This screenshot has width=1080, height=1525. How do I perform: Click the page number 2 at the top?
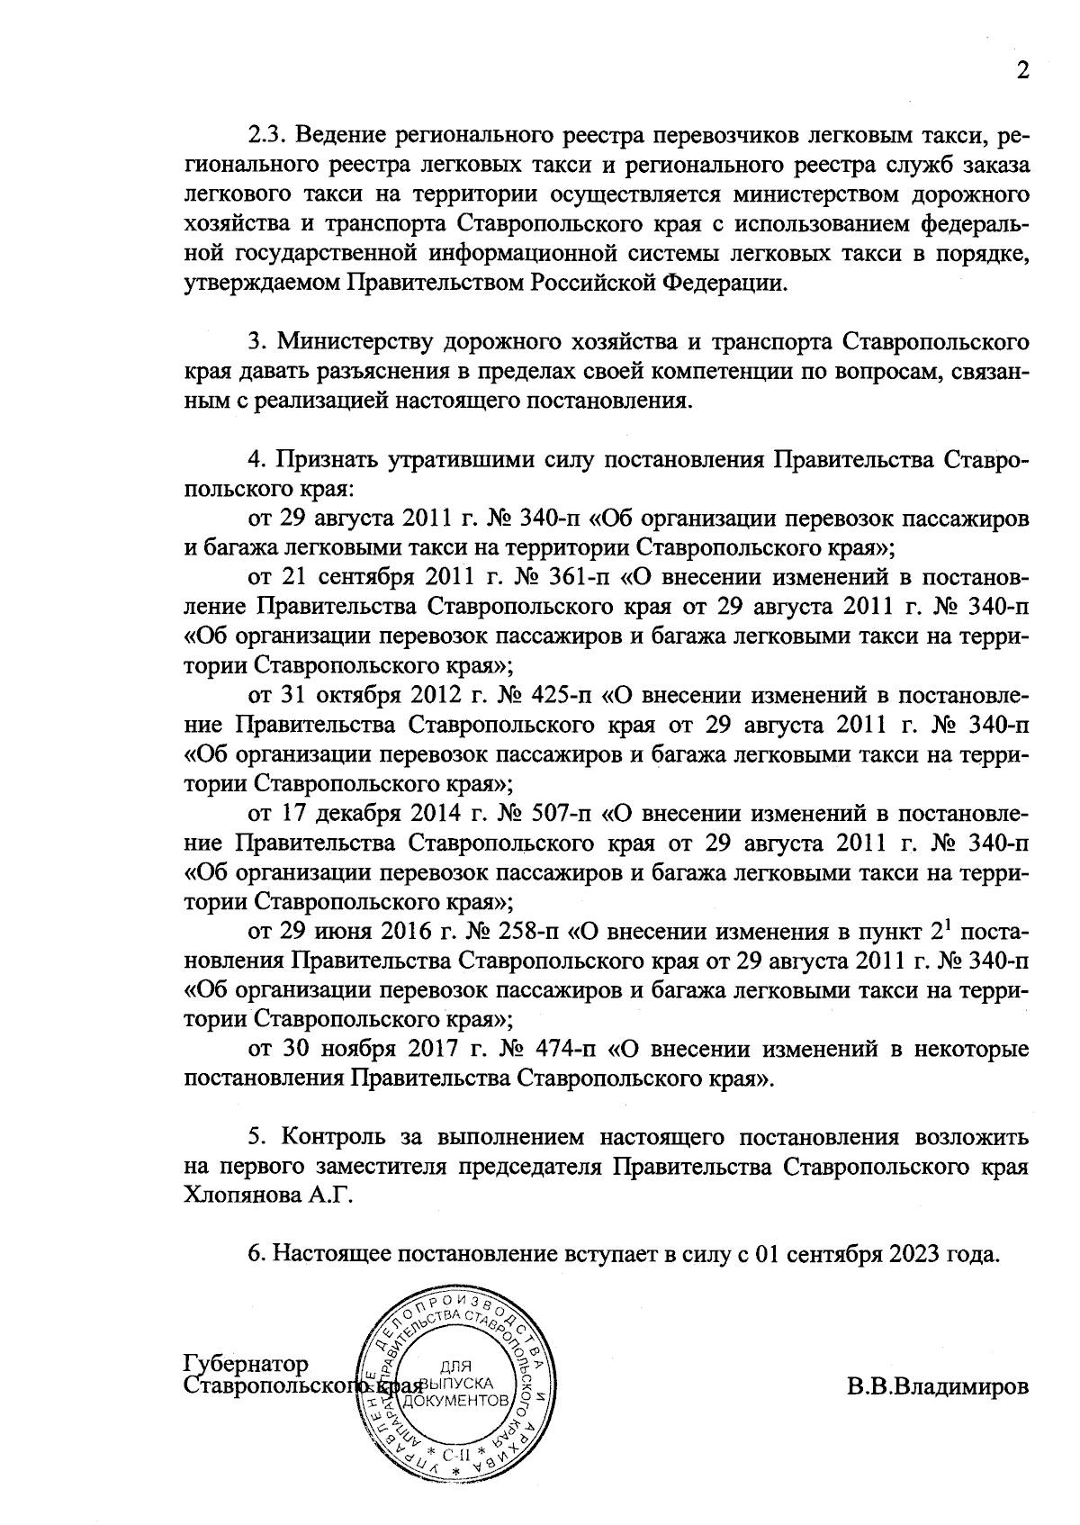(x=1021, y=71)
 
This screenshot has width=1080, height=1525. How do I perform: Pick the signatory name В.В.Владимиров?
(x=937, y=1386)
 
